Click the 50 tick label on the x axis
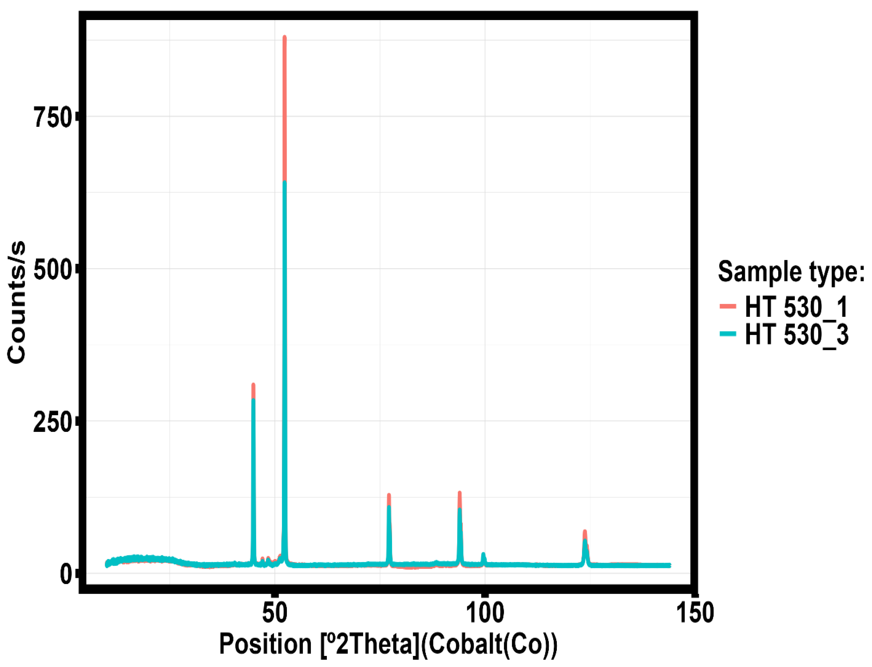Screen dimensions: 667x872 click(274, 613)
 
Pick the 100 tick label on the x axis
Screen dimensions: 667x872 click(484, 613)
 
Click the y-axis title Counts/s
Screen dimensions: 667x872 click(17, 302)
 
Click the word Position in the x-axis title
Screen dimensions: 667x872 click(265, 644)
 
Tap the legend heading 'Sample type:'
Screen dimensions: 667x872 click(791, 272)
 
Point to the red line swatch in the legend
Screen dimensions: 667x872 click(727, 306)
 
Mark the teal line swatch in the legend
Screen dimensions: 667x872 click(727, 334)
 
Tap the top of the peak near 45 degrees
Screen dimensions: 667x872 click(253, 386)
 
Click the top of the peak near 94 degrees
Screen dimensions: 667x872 click(459, 493)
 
